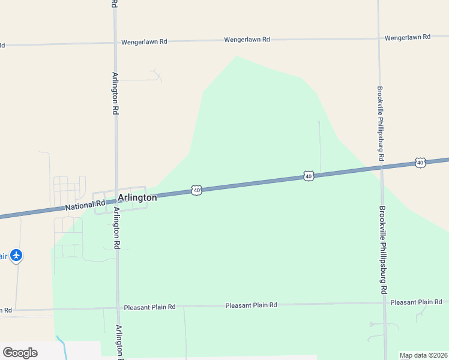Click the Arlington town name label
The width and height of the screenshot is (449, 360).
pos(137,197)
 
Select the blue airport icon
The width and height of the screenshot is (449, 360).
pos(16,256)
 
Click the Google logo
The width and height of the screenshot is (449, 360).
pos(20,353)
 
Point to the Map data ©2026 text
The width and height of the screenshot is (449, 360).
pos(424,355)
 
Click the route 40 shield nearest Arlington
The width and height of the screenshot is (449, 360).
pos(197,190)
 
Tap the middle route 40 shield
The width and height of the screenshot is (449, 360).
pos(309,176)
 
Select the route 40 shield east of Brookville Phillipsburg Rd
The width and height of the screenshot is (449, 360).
pos(420,163)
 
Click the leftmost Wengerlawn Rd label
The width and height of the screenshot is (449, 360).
pos(144,42)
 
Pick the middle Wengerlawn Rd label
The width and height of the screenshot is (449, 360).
pos(247,40)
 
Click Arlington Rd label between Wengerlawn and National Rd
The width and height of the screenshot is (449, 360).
pos(115,94)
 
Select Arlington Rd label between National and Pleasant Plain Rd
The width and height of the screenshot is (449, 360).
pos(117,229)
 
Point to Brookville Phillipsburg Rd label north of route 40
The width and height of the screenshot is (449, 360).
pos(380,123)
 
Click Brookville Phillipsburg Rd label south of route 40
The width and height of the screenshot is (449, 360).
pos(383,250)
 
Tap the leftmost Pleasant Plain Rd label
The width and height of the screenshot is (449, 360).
pos(149,307)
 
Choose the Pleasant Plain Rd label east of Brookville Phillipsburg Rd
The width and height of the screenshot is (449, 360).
pos(416,302)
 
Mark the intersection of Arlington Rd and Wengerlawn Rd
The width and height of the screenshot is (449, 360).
pos(114,43)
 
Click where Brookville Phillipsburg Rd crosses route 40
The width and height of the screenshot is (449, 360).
pos(381,167)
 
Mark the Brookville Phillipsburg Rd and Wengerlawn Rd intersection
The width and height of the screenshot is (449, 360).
pos(379,38)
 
